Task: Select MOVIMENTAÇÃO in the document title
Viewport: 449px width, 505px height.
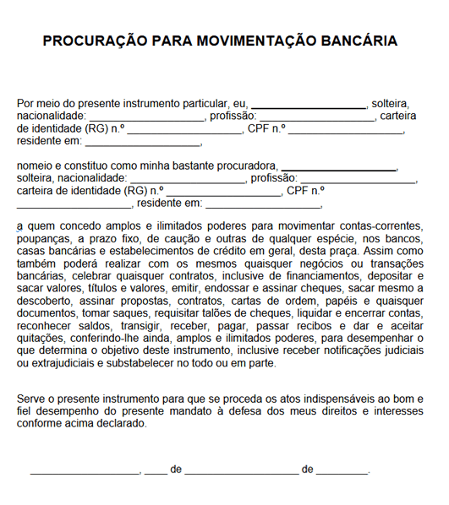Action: [239, 41]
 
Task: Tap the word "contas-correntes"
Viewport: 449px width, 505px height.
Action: [381, 226]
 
